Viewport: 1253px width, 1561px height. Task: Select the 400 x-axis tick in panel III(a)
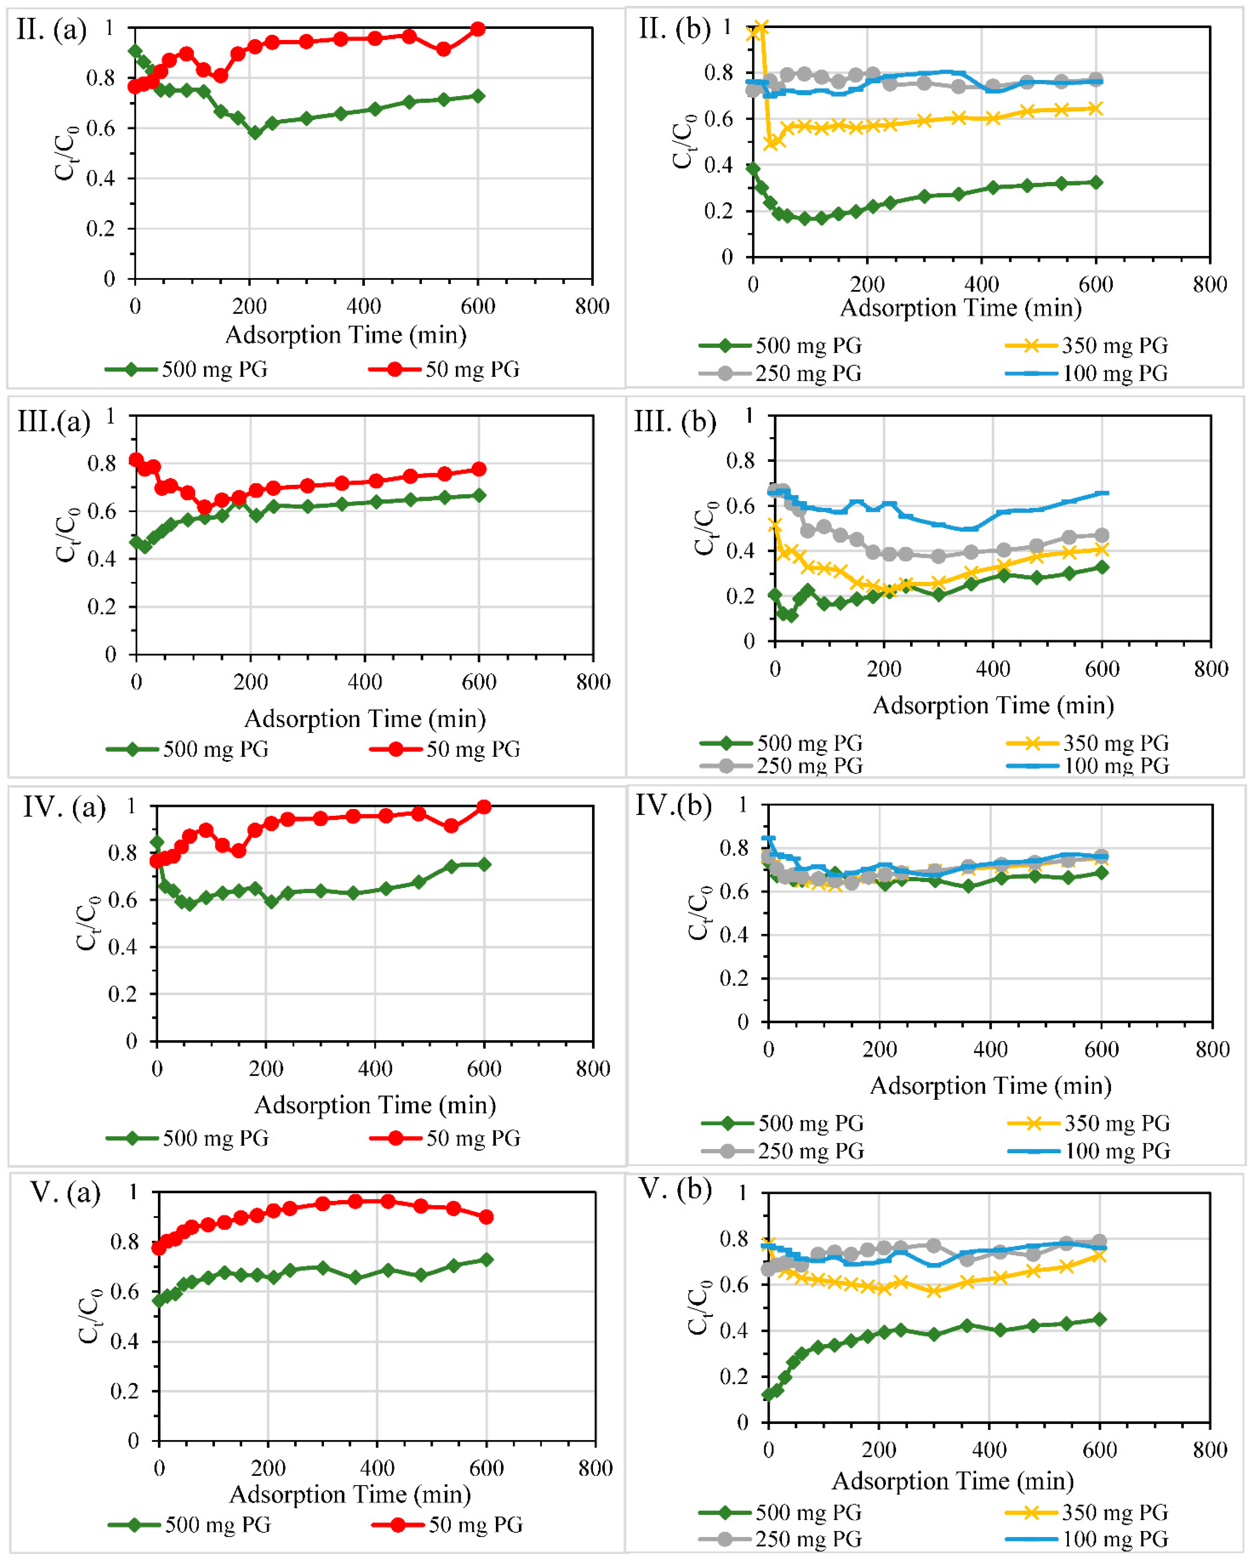click(365, 682)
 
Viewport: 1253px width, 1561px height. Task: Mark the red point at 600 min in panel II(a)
click(478, 29)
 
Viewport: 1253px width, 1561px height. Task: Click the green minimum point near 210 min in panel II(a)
click(255, 132)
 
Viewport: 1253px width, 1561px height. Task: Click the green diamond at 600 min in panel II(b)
click(1096, 182)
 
